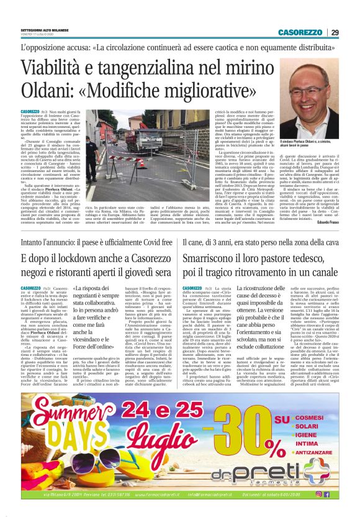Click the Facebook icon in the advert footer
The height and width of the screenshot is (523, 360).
(x=326, y=494)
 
